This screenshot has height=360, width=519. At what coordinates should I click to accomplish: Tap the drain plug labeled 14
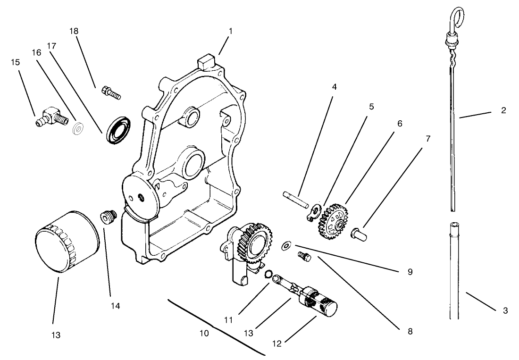[108, 218]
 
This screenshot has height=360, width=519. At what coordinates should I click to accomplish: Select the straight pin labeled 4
[295, 199]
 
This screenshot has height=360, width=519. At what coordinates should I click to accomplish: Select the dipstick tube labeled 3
[453, 269]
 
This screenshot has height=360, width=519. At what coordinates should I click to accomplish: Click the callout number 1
[230, 32]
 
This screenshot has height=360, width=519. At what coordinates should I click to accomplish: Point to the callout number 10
[204, 333]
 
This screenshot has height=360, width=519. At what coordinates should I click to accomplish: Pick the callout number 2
[503, 110]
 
